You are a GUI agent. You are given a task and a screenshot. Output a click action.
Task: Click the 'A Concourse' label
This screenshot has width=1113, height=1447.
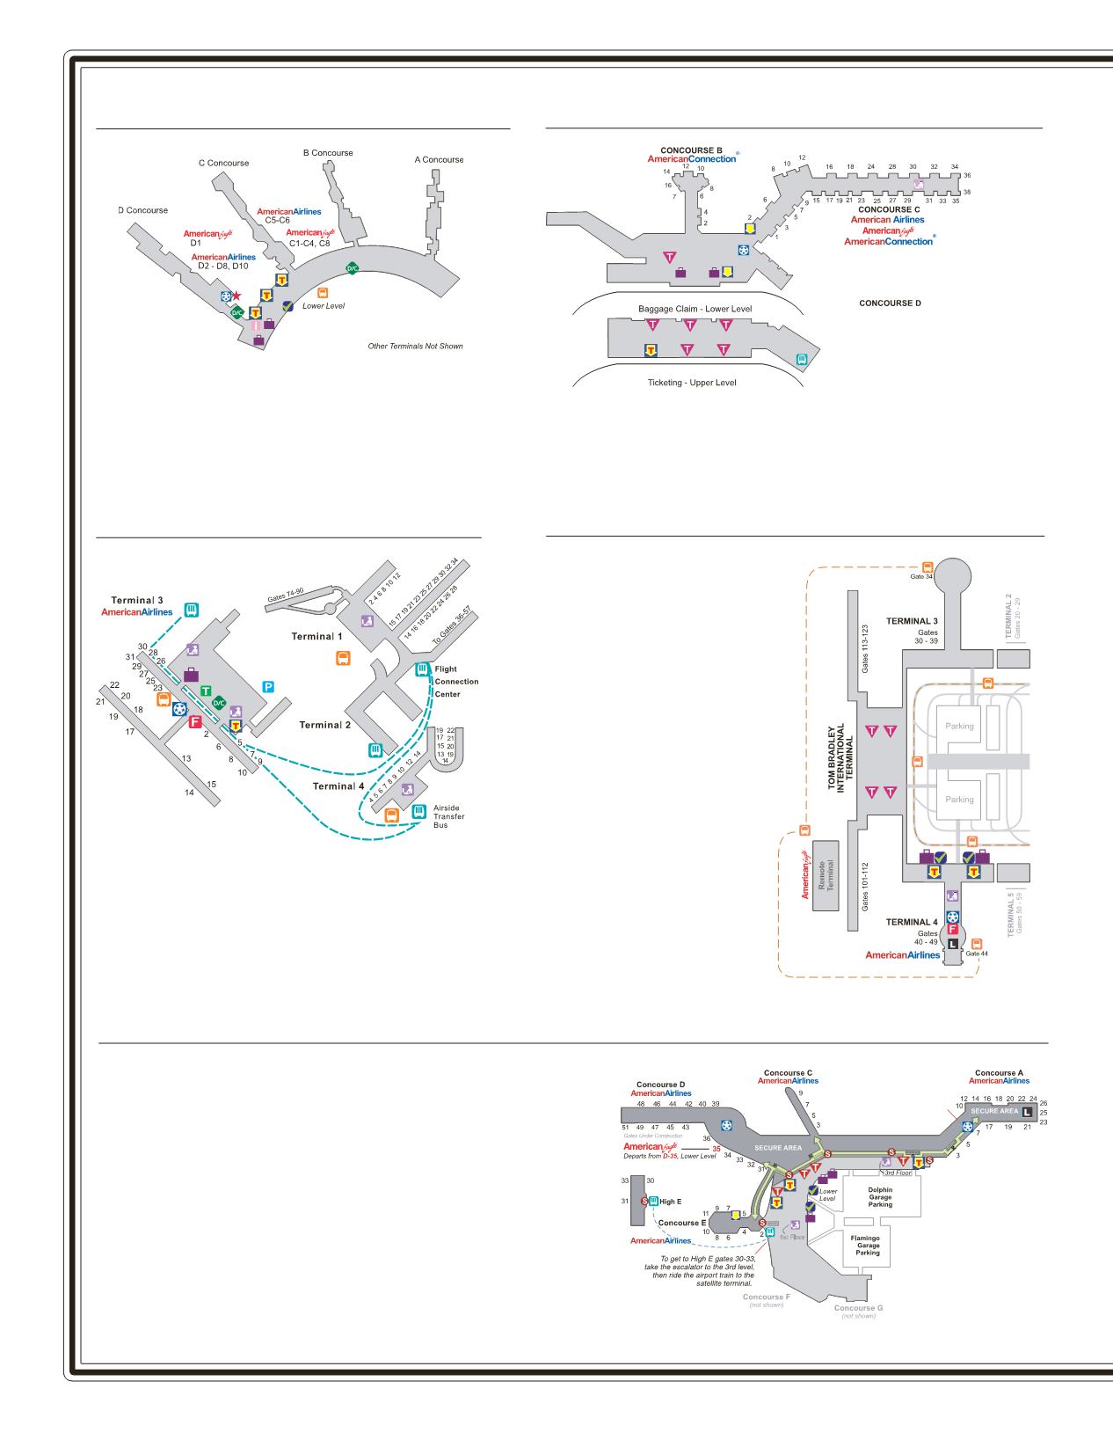point(439,159)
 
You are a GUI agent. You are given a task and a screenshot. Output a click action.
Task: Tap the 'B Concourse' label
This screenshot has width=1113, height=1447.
point(328,152)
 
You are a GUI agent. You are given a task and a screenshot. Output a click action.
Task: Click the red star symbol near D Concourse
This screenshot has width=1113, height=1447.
point(236,296)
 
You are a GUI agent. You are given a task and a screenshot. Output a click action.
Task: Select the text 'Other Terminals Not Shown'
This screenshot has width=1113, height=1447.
point(415,347)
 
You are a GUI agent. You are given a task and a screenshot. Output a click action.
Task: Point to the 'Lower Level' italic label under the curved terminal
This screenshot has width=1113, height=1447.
point(324,306)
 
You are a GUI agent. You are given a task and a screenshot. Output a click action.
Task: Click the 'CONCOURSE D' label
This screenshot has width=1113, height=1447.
point(890,303)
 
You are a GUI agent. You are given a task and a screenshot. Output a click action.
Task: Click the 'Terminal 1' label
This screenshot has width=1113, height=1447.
point(317,636)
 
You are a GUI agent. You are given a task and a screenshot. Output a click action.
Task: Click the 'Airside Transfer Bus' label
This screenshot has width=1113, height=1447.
point(448,816)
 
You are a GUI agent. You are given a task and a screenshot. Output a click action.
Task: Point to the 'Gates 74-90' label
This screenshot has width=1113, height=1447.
point(286,597)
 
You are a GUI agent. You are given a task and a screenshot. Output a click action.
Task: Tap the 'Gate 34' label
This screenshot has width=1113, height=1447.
point(921,576)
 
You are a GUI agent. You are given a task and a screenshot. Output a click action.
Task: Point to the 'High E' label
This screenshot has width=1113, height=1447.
point(671,1202)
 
